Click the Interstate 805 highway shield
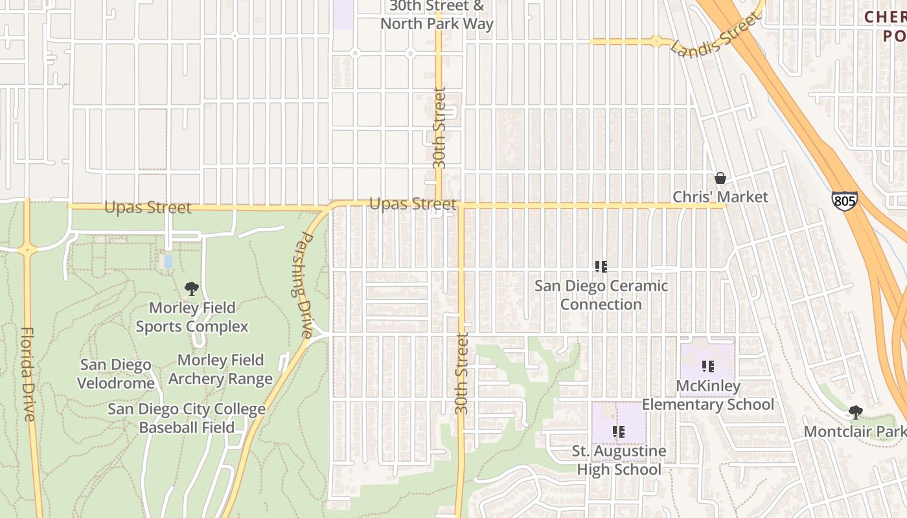[845, 201]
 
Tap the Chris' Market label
[720, 197]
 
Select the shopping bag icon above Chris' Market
[720, 178]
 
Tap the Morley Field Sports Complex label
[192, 317]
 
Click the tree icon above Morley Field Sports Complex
[191, 289]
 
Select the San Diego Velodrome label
[115, 374]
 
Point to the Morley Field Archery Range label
[220, 369]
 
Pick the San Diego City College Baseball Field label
[187, 418]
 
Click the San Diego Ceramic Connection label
[601, 295]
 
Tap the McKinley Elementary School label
[707, 395]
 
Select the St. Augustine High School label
[619, 460]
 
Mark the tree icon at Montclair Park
[856, 412]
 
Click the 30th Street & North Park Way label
[437, 15]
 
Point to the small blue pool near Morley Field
[168, 262]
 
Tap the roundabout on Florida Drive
[27, 249]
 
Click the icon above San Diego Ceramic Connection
[601, 266]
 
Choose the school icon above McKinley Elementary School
[707, 366]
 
